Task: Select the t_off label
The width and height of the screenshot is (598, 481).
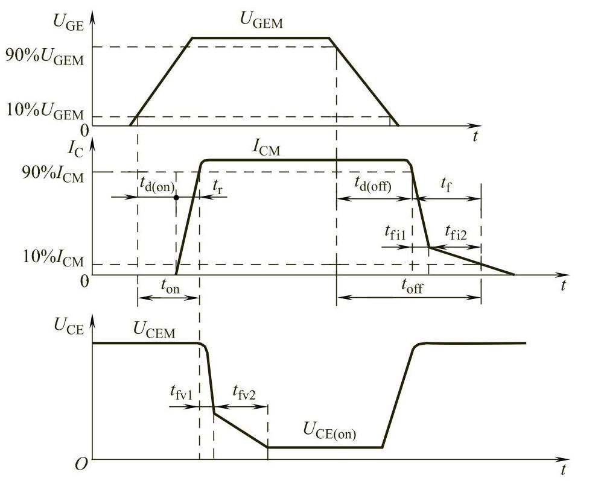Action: pyautogui.click(x=412, y=286)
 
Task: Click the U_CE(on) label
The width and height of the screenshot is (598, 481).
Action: pyautogui.click(x=329, y=432)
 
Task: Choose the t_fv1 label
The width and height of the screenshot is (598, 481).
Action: pyautogui.click(x=181, y=393)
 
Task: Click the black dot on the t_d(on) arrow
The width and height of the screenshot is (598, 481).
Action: pyautogui.click(x=176, y=197)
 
